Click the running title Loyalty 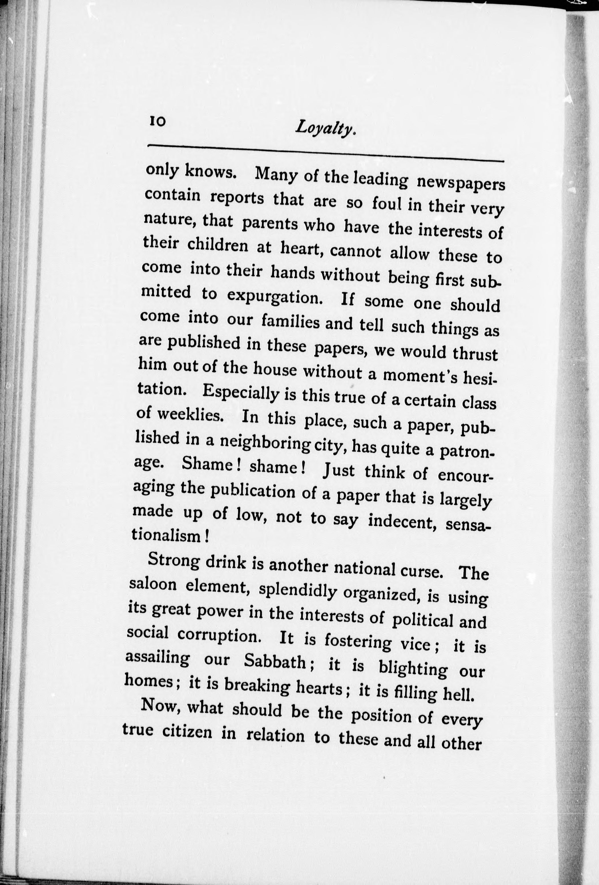[325, 129]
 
